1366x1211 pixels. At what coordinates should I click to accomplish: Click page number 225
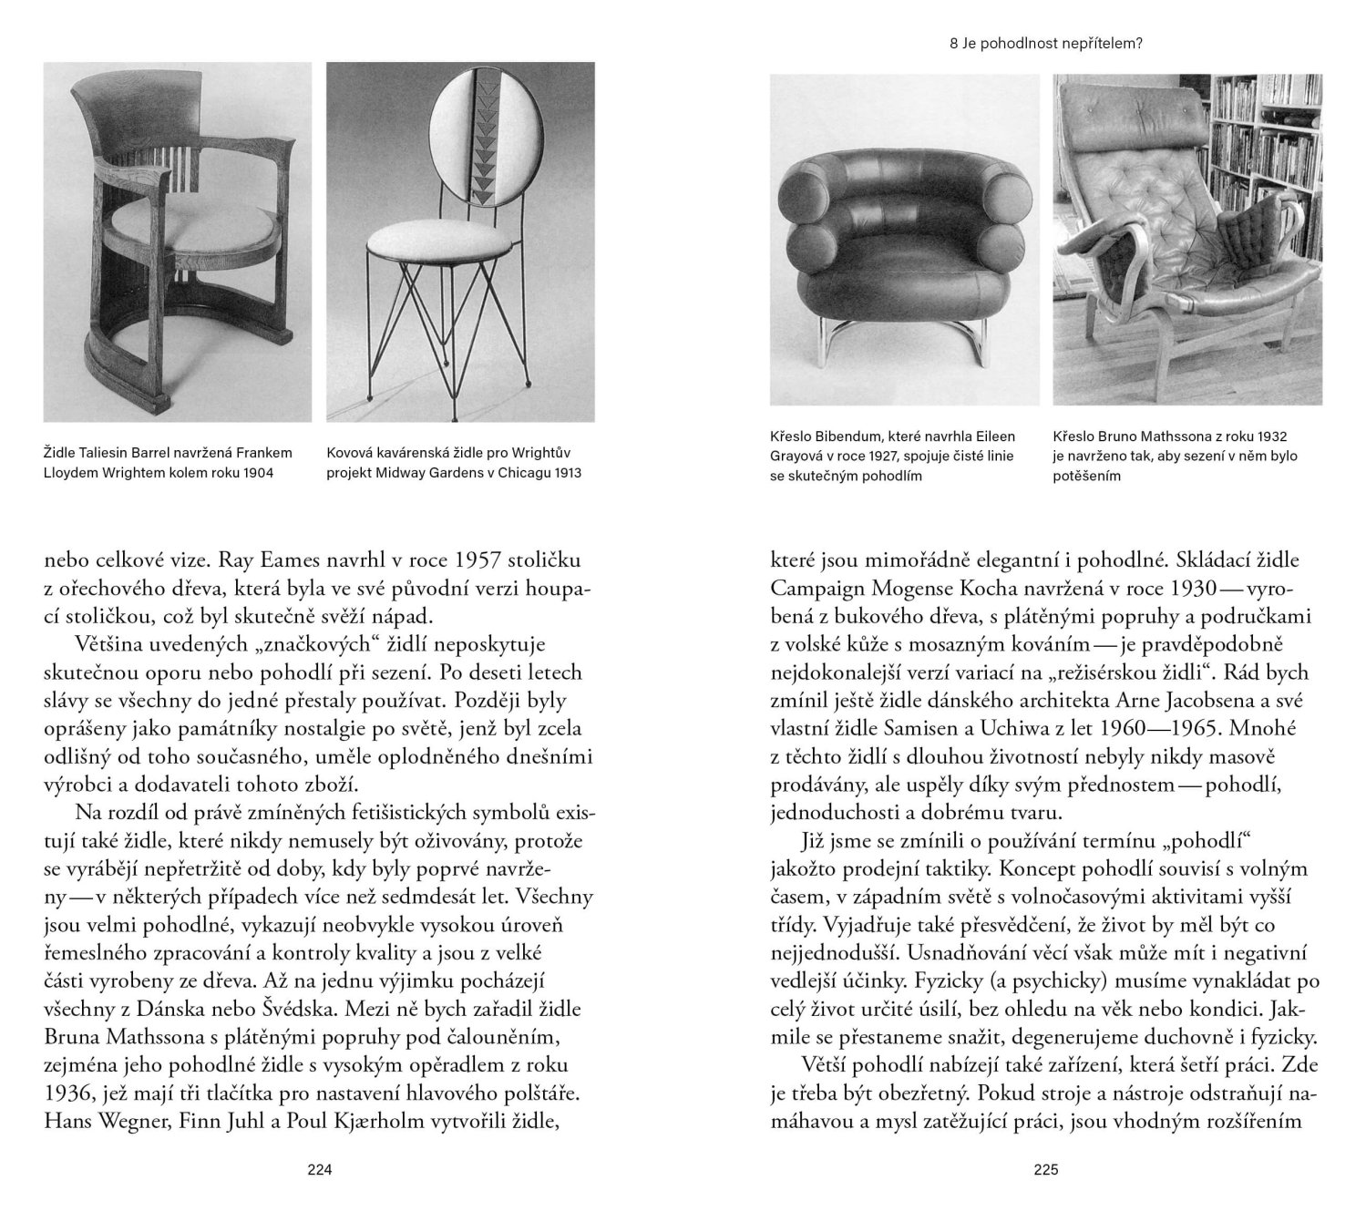coord(1046,1171)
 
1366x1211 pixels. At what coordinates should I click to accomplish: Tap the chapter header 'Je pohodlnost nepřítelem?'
coord(1052,43)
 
